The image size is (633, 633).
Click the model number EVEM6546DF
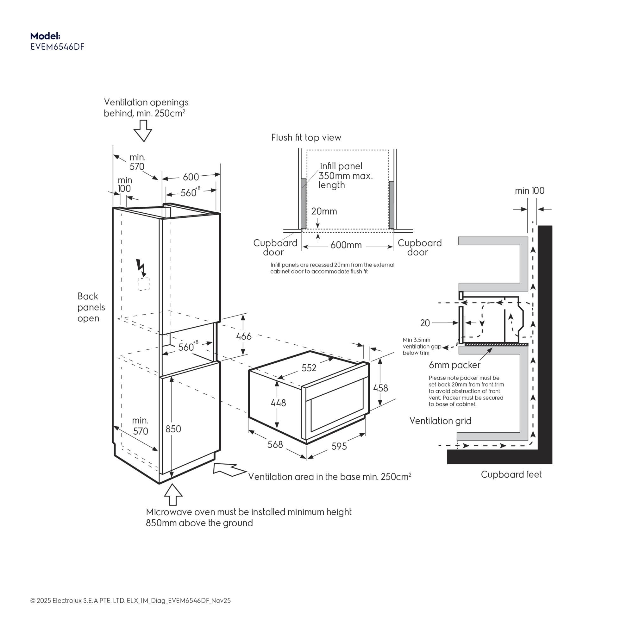click(x=57, y=47)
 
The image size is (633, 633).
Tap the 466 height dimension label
click(x=243, y=336)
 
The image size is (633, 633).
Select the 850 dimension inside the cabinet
click(x=173, y=429)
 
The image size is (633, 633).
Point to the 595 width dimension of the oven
click(x=339, y=446)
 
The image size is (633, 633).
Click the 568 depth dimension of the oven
click(x=275, y=445)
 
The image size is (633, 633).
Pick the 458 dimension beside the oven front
click(x=380, y=388)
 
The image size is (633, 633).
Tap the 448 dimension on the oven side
click(x=278, y=403)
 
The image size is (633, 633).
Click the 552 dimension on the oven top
click(x=309, y=368)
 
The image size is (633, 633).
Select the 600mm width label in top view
click(x=346, y=245)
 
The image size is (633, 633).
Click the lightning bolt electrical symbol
click(x=141, y=267)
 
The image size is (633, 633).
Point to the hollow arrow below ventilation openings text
click(x=143, y=131)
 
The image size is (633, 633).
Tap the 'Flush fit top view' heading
click(x=306, y=138)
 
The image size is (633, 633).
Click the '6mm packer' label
click(x=454, y=365)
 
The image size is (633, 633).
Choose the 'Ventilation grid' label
click(x=440, y=421)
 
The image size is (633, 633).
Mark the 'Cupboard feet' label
click(x=511, y=474)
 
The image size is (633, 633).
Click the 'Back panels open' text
click(x=91, y=307)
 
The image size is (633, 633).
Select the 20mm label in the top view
click(x=324, y=211)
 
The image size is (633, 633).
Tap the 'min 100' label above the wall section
click(x=530, y=191)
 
